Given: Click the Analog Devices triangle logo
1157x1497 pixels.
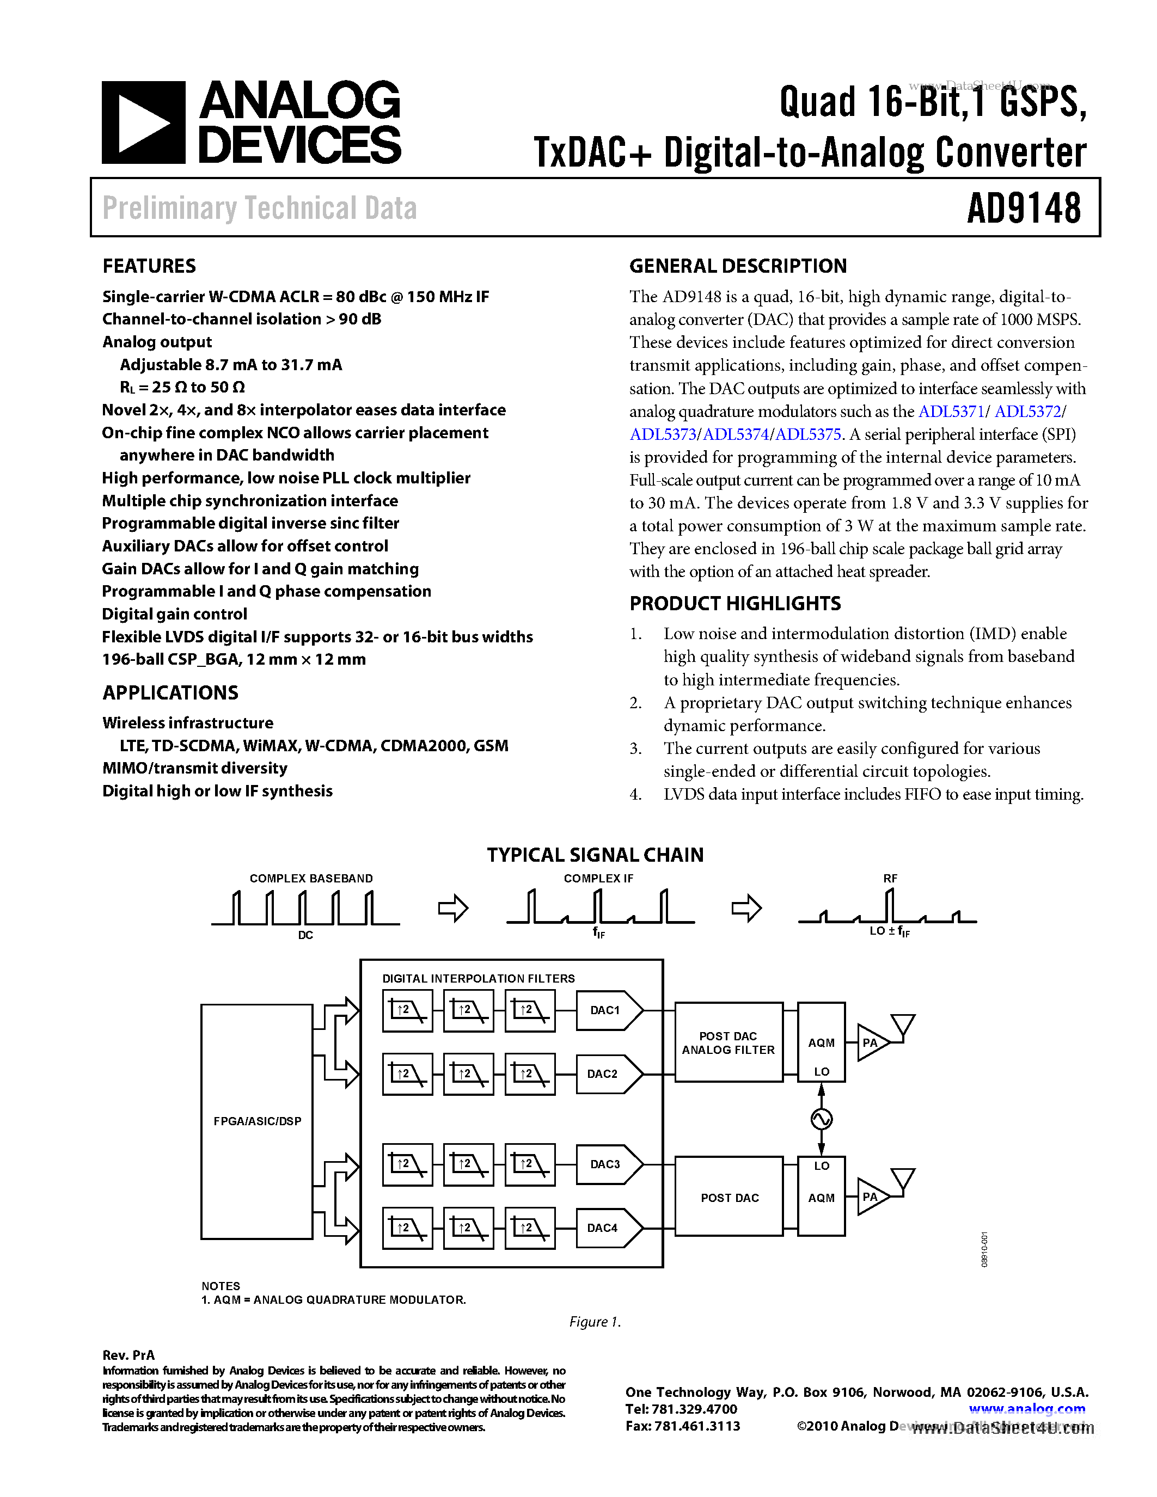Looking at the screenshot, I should click(x=143, y=122).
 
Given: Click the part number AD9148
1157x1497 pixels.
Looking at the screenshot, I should click(x=1024, y=208).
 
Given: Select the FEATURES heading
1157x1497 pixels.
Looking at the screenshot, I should click(x=149, y=266).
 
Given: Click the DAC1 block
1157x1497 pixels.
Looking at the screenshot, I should click(x=606, y=1010).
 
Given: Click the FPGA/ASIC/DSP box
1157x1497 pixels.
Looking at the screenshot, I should click(x=257, y=1121).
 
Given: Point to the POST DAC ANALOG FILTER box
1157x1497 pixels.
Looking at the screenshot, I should click(x=728, y=1042).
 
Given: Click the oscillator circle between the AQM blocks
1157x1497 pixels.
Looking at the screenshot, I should click(x=821, y=1119).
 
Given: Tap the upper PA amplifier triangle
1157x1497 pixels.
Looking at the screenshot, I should click(x=871, y=1042).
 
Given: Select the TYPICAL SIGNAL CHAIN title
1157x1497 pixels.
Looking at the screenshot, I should click(x=595, y=855).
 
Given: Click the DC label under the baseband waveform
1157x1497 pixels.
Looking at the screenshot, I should click(x=305, y=935).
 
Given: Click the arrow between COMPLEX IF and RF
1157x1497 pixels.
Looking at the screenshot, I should click(x=746, y=909).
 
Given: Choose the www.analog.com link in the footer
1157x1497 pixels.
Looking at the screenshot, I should click(x=1026, y=1409).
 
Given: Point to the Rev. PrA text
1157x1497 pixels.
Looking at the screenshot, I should click(x=128, y=1355).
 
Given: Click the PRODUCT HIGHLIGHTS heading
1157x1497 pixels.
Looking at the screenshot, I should click(x=735, y=603).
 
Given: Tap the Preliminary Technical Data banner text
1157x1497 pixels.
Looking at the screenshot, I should click(x=259, y=208).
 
